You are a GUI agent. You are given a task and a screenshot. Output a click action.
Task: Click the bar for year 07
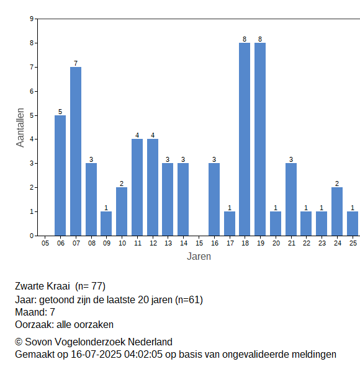pos(76,151)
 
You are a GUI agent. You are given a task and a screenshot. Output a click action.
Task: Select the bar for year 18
pos(245,139)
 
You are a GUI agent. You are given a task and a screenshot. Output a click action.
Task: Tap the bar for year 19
pos(260,139)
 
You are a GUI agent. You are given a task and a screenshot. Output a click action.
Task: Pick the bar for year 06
pos(60,175)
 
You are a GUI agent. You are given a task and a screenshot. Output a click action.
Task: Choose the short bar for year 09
pos(106,224)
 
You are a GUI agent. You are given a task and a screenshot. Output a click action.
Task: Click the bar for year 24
pos(337,211)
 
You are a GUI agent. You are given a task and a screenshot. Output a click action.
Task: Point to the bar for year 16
pos(214,200)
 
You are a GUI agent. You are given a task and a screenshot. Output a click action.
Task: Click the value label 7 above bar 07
pos(76,63)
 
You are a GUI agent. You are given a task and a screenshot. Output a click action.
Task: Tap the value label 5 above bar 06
pos(60,112)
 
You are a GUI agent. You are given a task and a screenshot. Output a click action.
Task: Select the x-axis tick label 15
pos(199,243)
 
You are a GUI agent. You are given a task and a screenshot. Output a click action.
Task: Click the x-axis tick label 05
pos(45,243)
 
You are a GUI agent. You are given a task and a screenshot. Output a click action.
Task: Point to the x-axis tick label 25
pos(353,243)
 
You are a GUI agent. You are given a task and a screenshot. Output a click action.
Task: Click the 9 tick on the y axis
pos(32,19)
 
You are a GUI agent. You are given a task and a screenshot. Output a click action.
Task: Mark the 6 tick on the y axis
pos(32,91)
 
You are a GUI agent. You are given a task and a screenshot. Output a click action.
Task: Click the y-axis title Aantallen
pos(20,128)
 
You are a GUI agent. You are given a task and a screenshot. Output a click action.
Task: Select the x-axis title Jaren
pos(199,257)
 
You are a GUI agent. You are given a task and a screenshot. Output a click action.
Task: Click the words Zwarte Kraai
pos(42,286)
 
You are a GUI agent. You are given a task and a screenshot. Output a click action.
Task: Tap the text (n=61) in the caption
pos(189,300)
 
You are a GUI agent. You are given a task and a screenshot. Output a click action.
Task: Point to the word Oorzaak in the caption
pos(34,324)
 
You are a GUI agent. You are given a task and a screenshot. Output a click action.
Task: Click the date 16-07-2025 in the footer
pos(96,355)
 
